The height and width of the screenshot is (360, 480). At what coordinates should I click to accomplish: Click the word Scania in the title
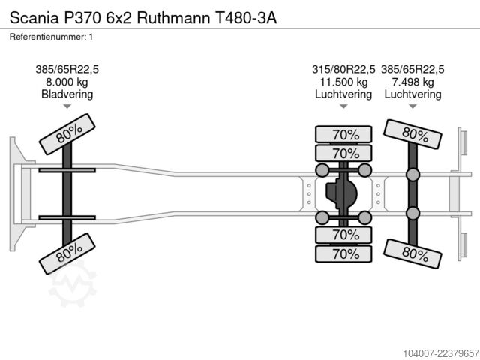pyautogui.click(x=34, y=18)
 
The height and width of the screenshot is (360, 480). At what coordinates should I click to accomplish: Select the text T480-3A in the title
pyautogui.click(x=246, y=18)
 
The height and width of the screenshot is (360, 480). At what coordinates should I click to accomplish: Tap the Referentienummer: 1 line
pyautogui.click(x=51, y=37)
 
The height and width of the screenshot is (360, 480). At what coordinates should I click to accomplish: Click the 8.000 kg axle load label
pyautogui.click(x=67, y=82)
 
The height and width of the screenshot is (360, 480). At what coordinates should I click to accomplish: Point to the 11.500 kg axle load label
pyautogui.click(x=343, y=82)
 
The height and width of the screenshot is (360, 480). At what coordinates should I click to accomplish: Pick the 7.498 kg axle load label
pyautogui.click(x=413, y=82)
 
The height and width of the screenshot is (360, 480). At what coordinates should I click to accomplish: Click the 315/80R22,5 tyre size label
pyautogui.click(x=343, y=70)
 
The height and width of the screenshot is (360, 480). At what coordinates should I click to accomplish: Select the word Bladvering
pyautogui.click(x=67, y=94)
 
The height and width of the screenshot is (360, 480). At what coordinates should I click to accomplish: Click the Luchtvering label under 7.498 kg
pyautogui.click(x=413, y=94)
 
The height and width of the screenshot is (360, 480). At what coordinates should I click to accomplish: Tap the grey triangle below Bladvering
pyautogui.click(x=67, y=106)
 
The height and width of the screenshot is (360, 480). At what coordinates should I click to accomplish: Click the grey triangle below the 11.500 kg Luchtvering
pyautogui.click(x=343, y=106)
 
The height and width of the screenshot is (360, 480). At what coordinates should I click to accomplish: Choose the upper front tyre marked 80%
pyautogui.click(x=67, y=134)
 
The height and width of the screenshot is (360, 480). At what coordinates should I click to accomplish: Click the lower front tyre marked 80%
pyautogui.click(x=67, y=253)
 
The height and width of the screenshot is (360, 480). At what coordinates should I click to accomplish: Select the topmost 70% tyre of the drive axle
pyautogui.click(x=343, y=134)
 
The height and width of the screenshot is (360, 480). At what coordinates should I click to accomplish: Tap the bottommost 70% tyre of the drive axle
pyautogui.click(x=343, y=253)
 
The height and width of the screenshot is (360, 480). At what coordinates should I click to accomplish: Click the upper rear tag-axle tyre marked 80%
pyautogui.click(x=412, y=134)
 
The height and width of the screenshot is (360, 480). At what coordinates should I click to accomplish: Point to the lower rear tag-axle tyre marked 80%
pyautogui.click(x=412, y=253)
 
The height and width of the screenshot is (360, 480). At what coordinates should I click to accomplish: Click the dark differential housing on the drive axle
pyautogui.click(x=341, y=193)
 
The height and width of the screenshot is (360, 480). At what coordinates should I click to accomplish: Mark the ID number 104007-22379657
pyautogui.click(x=441, y=353)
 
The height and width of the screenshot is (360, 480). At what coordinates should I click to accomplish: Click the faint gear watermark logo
pyautogui.click(x=73, y=283)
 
